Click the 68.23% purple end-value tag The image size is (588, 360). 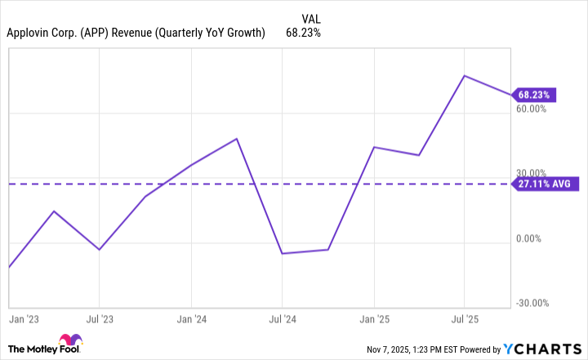point(534,95)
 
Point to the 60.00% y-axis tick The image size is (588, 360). point(532,108)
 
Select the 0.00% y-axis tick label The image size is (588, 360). point(532,238)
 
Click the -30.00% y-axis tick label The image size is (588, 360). point(532,303)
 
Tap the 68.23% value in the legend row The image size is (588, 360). point(302,33)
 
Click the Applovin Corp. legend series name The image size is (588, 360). point(135,33)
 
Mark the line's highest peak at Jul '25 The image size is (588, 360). point(464,76)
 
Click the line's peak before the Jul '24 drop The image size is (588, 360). point(237,139)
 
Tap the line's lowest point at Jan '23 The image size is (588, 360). point(8,267)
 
